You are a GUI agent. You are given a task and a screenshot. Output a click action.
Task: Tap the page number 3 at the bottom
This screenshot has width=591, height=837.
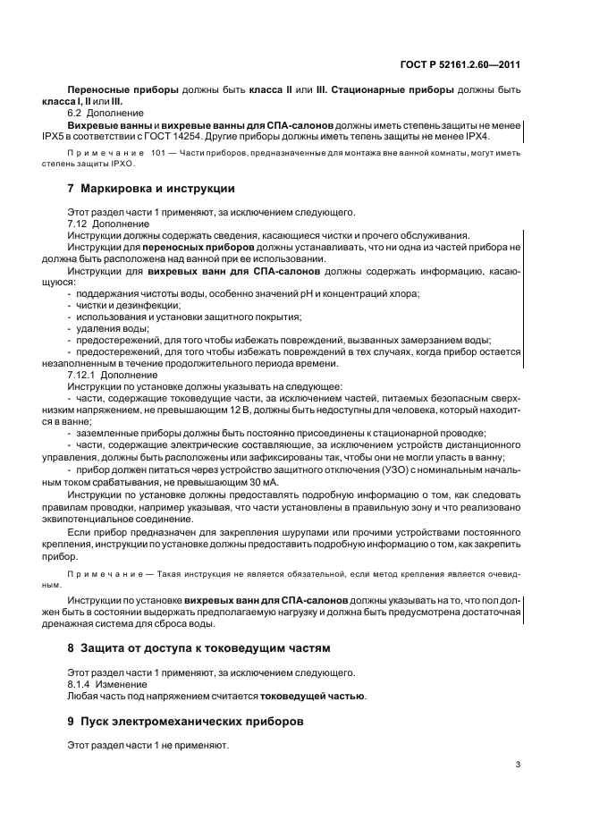pyautogui.click(x=519, y=765)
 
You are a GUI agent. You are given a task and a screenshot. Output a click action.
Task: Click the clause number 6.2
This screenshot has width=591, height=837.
pyautogui.click(x=77, y=114)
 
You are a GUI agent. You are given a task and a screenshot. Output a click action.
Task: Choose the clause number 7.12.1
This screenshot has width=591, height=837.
pyautogui.click(x=82, y=375)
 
